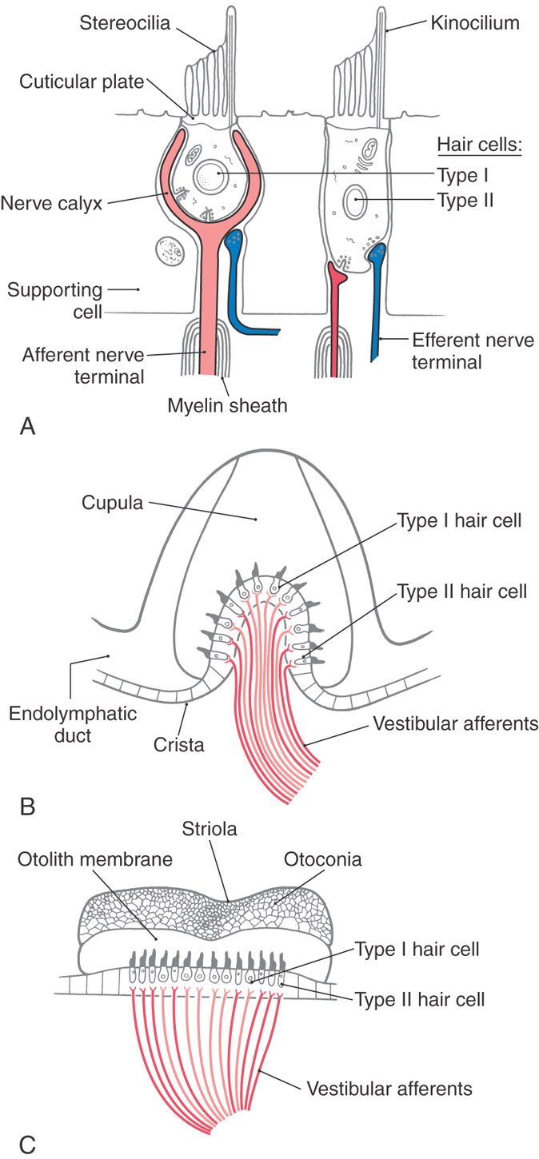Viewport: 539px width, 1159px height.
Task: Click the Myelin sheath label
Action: coord(226,406)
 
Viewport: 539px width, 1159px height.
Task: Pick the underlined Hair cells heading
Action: coord(479,145)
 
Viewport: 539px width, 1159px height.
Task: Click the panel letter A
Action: coord(27,427)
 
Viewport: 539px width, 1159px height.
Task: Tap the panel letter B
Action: coord(27,807)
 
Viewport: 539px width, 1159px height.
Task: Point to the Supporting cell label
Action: coord(55,300)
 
